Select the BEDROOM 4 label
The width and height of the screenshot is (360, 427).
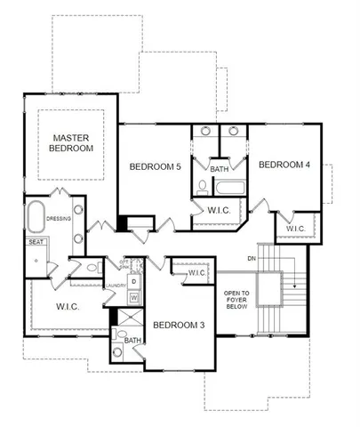click(284, 165)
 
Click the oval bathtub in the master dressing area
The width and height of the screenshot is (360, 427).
click(36, 216)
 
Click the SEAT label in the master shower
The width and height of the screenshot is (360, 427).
click(36, 241)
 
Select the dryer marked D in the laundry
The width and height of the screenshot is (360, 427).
click(133, 282)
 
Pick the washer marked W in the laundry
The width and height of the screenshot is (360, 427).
click(133, 297)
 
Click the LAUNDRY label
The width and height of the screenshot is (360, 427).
click(115, 286)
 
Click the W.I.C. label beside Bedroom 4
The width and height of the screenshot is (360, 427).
click(295, 229)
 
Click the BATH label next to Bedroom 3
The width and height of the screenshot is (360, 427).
click(132, 341)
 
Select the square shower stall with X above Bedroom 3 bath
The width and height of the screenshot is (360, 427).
click(131, 318)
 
